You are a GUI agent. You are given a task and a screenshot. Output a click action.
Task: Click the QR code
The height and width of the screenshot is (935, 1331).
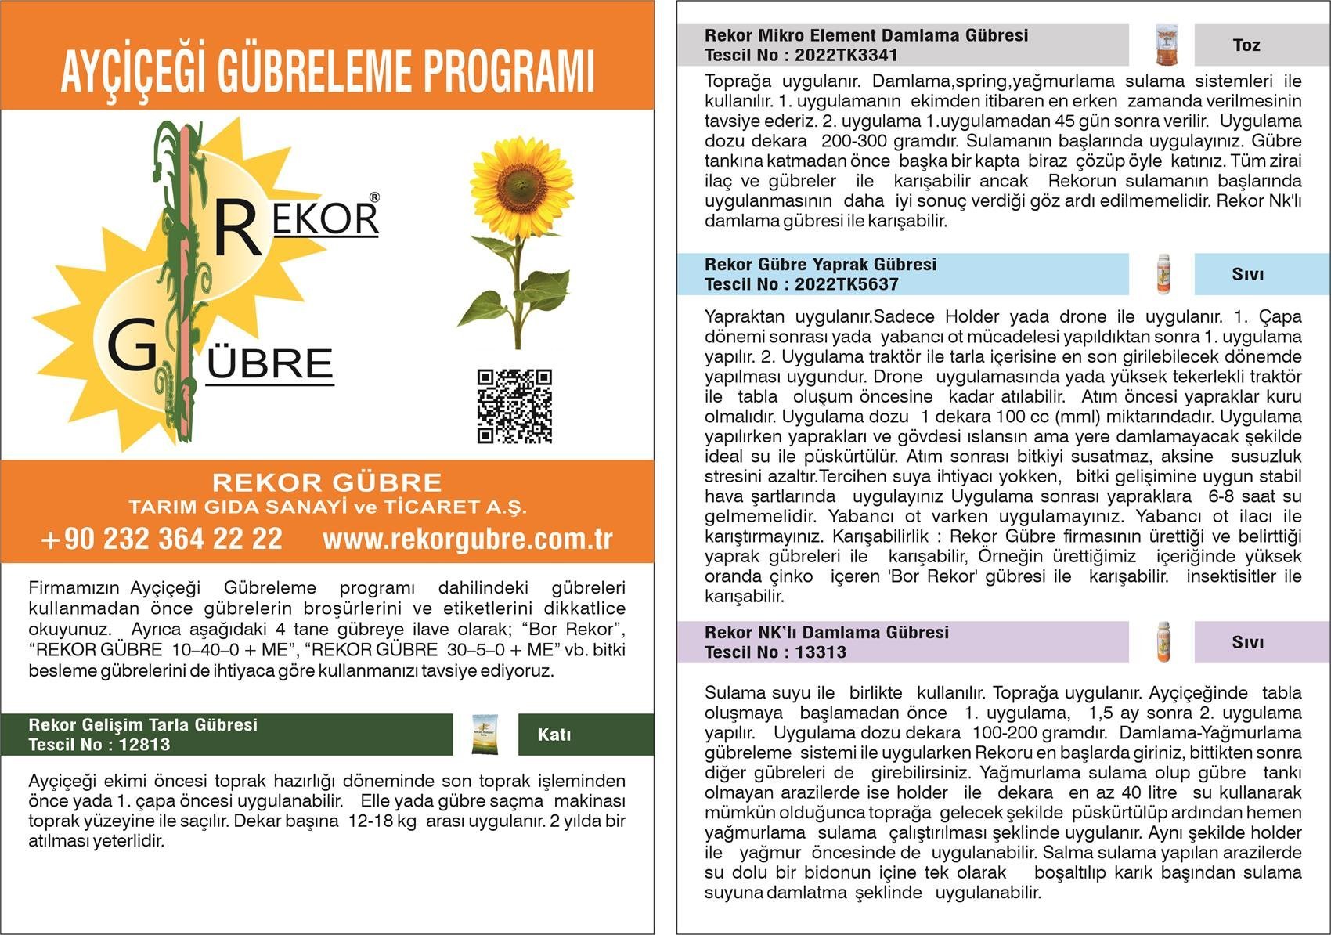pos(514,406)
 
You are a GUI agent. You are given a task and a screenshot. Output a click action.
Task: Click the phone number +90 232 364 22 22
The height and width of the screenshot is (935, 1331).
pos(161,539)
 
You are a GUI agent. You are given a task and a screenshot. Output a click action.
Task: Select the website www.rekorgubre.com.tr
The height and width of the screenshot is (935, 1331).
pos(467,539)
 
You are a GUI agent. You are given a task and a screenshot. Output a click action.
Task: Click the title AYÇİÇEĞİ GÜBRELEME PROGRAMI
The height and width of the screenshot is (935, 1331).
pos(327,71)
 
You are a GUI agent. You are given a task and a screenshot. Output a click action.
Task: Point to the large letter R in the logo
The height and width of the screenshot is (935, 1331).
pos(237,228)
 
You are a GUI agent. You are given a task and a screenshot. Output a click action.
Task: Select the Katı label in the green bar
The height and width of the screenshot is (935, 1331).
pos(554,735)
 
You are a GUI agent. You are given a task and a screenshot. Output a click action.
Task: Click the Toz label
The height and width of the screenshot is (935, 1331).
pos(1246,45)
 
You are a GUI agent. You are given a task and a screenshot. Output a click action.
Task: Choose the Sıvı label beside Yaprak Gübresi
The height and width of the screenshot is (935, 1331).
pos(1248,275)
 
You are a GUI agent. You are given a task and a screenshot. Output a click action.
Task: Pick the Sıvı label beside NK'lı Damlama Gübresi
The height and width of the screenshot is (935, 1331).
pos(1248,642)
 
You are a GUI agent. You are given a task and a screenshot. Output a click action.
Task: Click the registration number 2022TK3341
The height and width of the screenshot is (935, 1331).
pos(846,56)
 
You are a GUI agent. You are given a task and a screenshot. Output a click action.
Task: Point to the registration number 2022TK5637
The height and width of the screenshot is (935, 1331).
pos(846,284)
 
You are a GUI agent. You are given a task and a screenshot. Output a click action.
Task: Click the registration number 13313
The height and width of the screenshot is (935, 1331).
pos(820,652)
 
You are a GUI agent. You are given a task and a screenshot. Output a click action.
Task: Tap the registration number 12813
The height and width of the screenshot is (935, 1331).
pos(144,745)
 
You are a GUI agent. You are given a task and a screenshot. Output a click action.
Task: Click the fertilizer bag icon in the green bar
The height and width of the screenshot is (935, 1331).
pos(485,735)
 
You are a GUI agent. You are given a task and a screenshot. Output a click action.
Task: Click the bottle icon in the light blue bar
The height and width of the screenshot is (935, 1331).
pos(1163,274)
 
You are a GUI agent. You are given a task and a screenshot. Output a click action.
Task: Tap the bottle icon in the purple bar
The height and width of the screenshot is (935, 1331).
pos(1163,642)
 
